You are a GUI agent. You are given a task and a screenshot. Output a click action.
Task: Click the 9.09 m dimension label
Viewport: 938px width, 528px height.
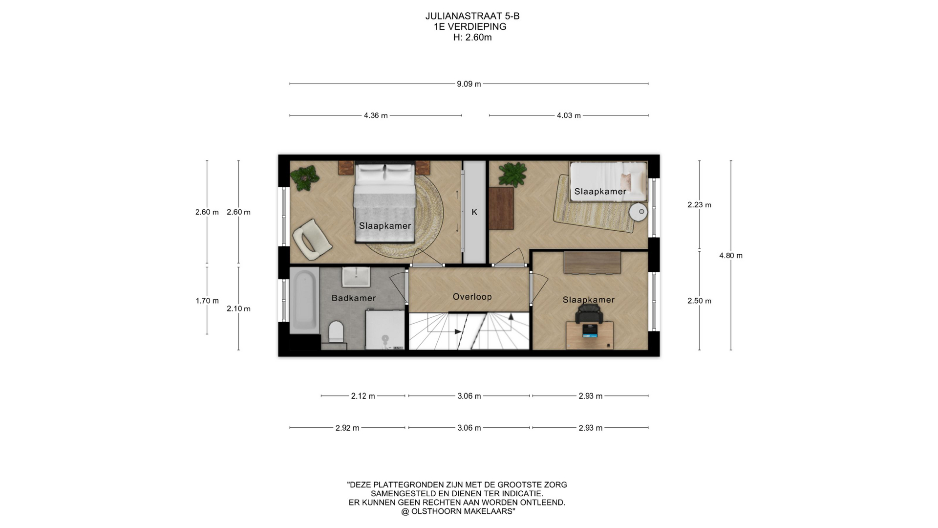pos(469,84)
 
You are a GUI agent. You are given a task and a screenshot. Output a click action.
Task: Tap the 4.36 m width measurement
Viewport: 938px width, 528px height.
pos(376,116)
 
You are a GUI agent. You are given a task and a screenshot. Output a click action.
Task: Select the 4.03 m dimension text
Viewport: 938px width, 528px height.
pos(569,116)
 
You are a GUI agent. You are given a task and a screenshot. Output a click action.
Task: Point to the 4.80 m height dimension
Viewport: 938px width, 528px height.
pos(731,256)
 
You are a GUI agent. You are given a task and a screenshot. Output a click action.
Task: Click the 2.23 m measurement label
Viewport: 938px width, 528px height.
pos(699,205)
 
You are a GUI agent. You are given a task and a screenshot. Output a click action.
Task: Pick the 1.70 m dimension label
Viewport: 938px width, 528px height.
pos(207,301)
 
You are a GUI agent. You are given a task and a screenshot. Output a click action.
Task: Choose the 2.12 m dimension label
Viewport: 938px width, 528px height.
pos(363,396)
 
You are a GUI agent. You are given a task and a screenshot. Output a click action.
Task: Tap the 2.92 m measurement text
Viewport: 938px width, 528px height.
pos(347,428)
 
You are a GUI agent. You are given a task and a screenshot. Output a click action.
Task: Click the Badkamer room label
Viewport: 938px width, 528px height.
pos(354,298)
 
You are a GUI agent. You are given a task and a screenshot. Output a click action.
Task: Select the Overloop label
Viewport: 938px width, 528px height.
pos(472,297)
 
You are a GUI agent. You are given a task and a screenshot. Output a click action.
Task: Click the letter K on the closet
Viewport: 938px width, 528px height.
pos(474,212)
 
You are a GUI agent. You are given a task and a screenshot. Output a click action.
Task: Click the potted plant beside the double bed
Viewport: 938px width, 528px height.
pos(304,177)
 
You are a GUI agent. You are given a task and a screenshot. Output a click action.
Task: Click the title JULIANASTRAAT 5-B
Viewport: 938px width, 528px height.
pos(472,16)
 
